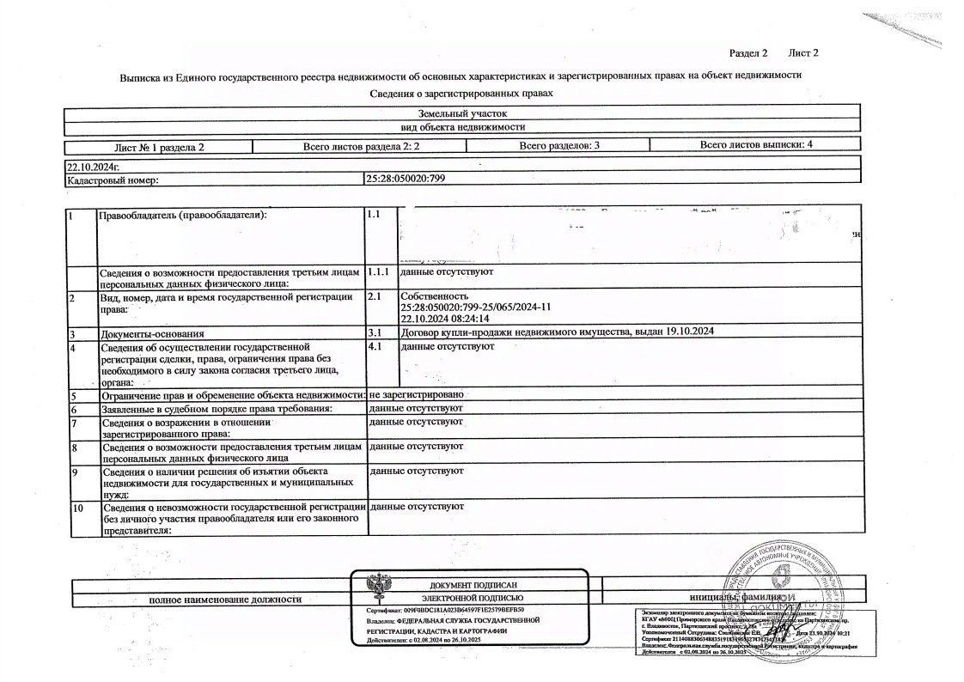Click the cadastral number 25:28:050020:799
coord(406,179)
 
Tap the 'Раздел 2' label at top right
coord(747,53)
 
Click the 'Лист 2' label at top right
coord(803,53)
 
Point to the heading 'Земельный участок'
coord(463,113)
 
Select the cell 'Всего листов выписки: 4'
coord(756,145)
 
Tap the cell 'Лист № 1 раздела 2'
coord(159,147)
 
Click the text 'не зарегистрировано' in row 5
coord(417,394)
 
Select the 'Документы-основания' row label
coord(154,332)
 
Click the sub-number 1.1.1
coord(378,271)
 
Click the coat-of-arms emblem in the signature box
coord(375,589)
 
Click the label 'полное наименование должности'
coord(225,598)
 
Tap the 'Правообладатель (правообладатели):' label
coord(183,214)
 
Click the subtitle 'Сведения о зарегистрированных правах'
coord(461,94)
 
